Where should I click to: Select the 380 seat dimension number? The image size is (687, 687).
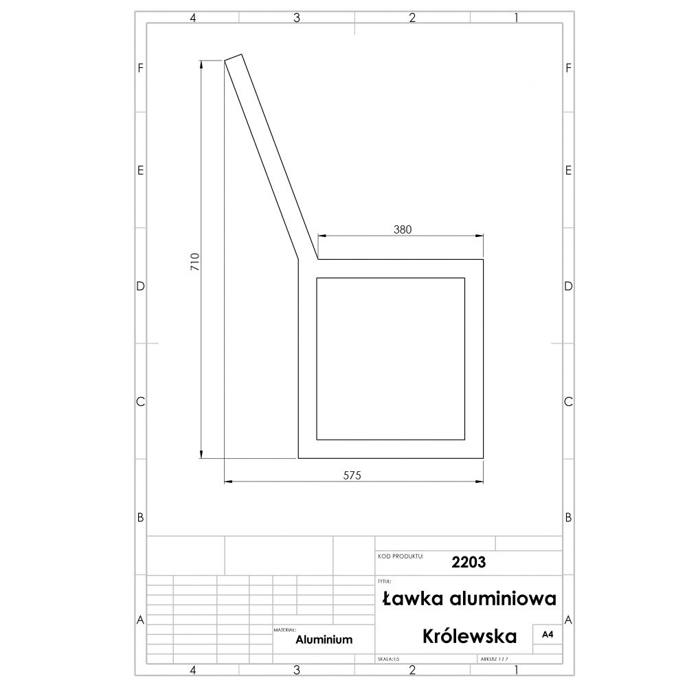(402, 229)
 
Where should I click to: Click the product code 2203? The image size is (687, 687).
(469, 562)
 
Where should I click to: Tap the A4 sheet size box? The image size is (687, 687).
(548, 635)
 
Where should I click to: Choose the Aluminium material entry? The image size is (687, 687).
(324, 640)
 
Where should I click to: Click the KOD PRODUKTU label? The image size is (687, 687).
(400, 556)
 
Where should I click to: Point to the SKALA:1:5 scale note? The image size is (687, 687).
(389, 658)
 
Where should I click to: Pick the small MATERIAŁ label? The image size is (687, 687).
(284, 629)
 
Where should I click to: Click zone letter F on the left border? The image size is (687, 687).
(140, 68)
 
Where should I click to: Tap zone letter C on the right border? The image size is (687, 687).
(568, 401)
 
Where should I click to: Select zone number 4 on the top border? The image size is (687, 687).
(193, 18)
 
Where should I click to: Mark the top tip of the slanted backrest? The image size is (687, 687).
(234, 58)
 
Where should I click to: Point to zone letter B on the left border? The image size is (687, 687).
(140, 517)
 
